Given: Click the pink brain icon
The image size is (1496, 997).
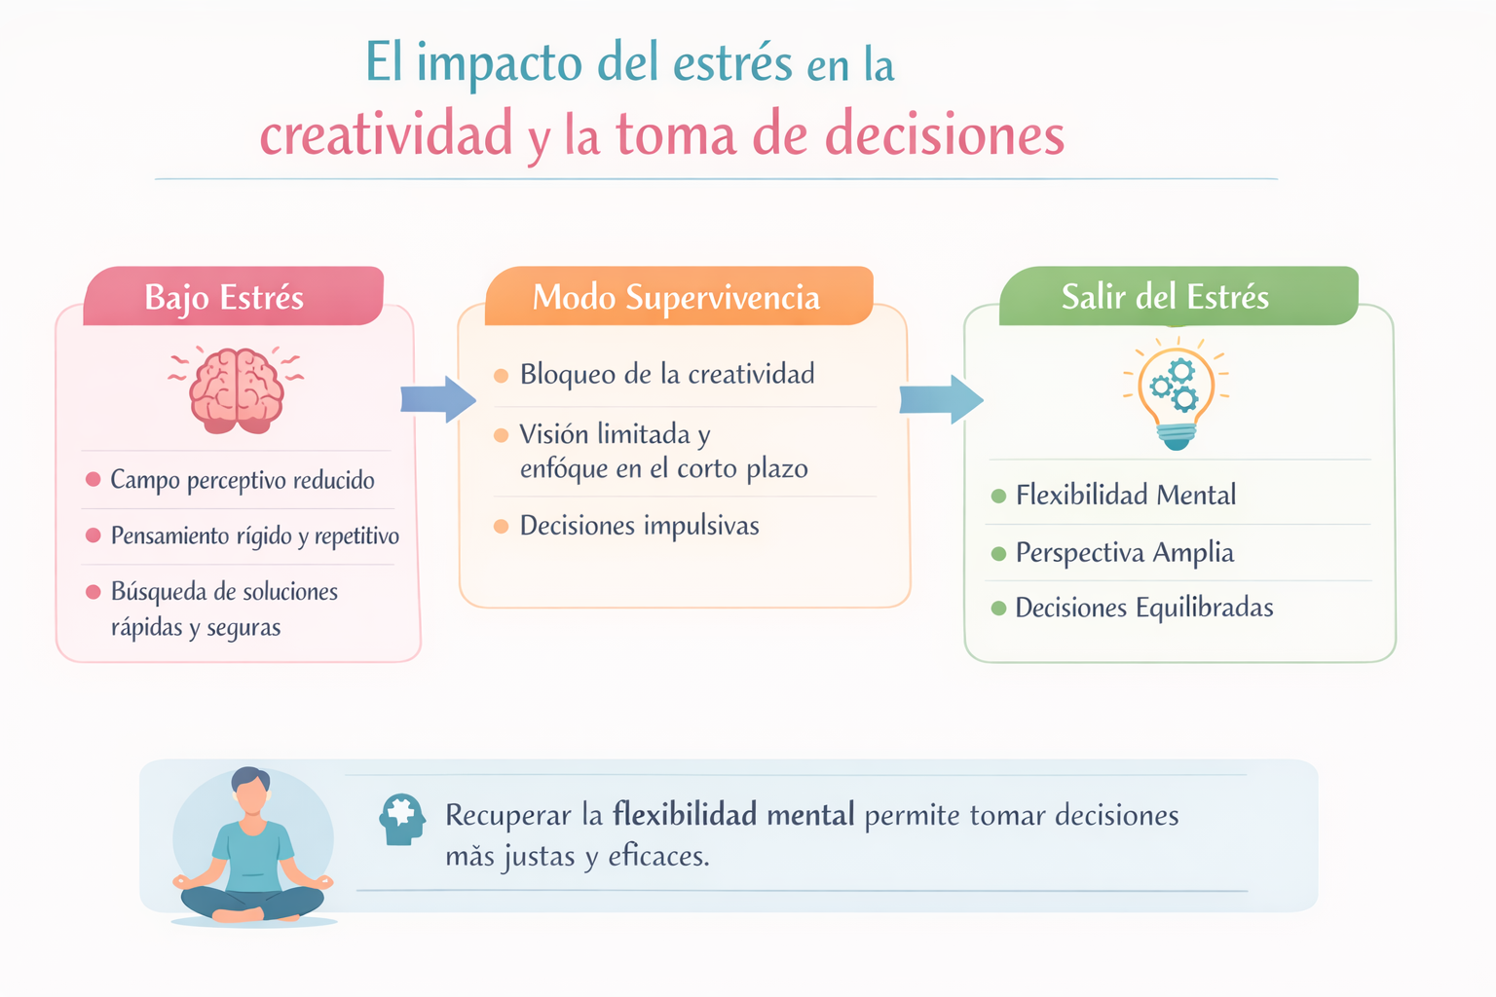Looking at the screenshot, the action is coord(237,390).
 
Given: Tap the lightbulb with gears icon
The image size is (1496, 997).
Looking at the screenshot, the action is coord(1177,394).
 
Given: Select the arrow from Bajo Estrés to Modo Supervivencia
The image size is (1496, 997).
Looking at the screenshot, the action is coord(438,399).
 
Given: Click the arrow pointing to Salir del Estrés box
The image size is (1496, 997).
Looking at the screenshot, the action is coord(941,399).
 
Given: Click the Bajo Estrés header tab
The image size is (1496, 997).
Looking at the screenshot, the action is coord(233,296).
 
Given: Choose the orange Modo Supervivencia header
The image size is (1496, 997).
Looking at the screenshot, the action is coord(679,296).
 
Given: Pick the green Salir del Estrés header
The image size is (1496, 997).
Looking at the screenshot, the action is coord(1178,296).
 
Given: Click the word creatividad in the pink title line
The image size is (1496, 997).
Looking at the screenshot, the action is coord(386,133).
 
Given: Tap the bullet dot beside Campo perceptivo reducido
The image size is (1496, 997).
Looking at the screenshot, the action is coord(93,479).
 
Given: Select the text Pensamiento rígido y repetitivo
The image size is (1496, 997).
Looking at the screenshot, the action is coord(255,535).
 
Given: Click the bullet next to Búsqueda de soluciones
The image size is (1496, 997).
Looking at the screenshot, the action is coord(93,592).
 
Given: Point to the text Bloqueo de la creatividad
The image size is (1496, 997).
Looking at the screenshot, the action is coord(667,374).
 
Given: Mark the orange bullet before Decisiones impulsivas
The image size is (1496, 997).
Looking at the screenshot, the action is coord(501,526).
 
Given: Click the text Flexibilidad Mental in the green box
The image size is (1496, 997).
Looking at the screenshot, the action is coord(1126,495).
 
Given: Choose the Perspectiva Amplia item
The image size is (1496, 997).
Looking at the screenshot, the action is coord(1125,553).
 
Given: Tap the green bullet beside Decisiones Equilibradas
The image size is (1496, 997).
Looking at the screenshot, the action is coord(999,608).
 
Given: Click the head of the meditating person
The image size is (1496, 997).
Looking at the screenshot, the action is coord(250,790).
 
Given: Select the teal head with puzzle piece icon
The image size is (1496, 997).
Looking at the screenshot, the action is coord(401,820).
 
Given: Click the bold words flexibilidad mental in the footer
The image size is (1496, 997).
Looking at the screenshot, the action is coord(733,815).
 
